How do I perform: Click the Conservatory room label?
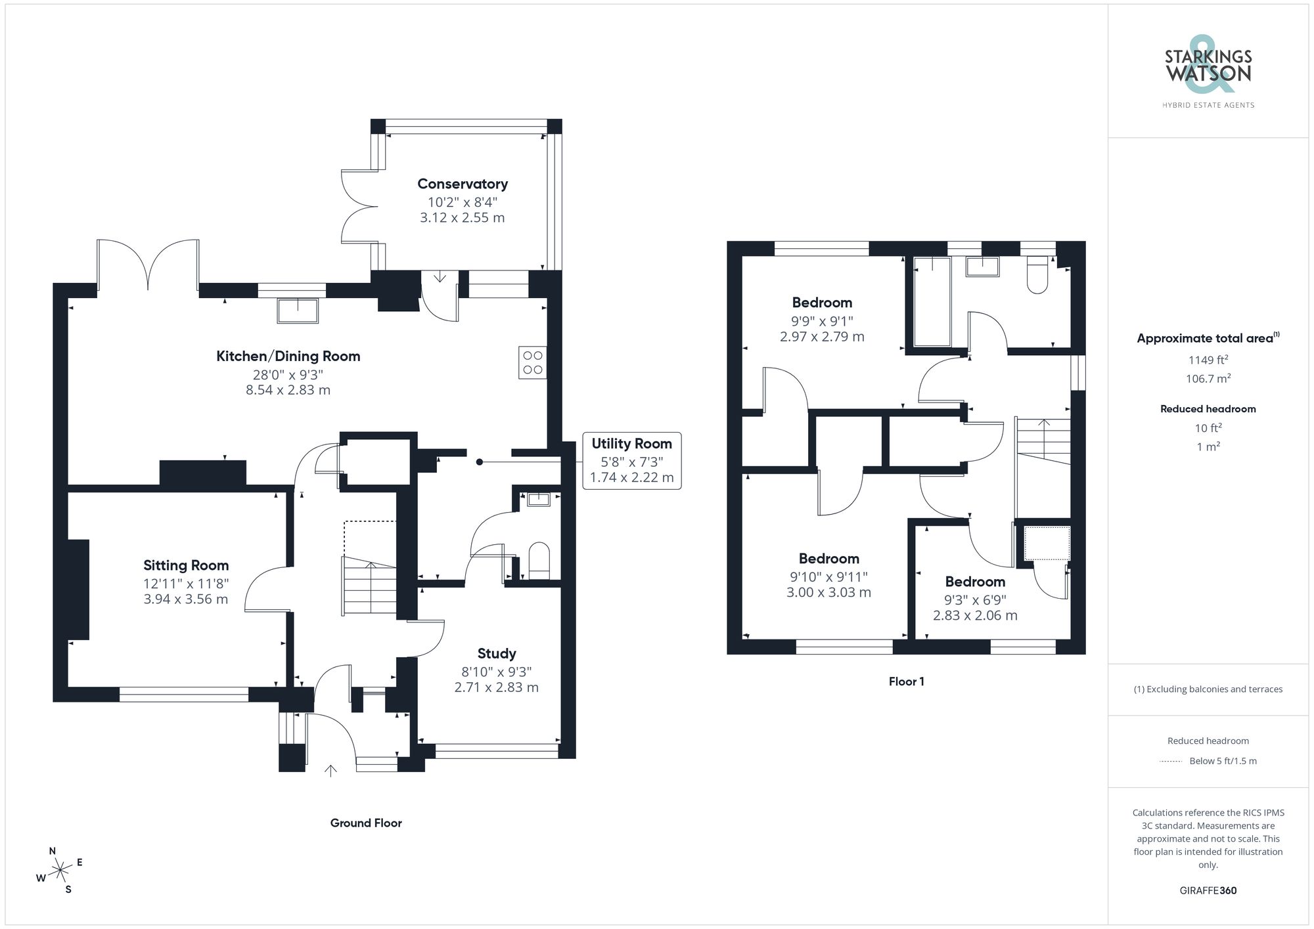(x=462, y=184)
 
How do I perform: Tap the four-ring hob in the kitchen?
(x=532, y=362)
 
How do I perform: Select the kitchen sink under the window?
(x=298, y=311)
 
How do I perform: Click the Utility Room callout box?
(x=631, y=460)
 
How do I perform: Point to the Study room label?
(x=496, y=653)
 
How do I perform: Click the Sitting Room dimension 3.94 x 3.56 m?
(x=186, y=599)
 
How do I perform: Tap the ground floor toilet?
(x=539, y=559)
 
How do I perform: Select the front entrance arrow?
(x=330, y=770)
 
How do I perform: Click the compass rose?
(x=60, y=871)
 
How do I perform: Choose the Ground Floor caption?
(x=365, y=823)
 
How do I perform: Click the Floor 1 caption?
(x=906, y=681)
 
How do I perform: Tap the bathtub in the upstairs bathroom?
(x=932, y=302)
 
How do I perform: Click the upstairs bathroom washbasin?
(x=982, y=267)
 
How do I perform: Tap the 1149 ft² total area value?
(x=1208, y=360)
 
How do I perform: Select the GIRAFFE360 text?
(x=1208, y=890)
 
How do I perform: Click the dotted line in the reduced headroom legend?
(x=1171, y=762)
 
